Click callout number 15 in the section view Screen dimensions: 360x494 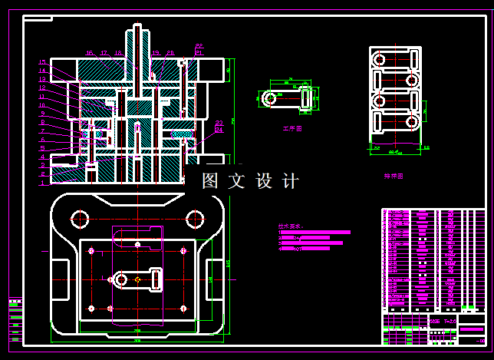pos(43,62)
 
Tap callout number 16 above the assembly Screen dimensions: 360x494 pos(89,53)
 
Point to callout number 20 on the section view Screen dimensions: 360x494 pos(170,53)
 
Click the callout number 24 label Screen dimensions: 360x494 pos(219,130)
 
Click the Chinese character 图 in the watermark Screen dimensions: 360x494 pos(211,181)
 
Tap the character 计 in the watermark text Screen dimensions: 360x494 pos(291,181)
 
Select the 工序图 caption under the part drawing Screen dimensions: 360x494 pos(292,129)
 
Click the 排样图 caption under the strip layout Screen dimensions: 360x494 pos(394,176)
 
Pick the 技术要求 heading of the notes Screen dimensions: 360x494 pos(291,226)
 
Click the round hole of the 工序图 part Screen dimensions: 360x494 pos(268,98)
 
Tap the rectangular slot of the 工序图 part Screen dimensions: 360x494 pos(306,97)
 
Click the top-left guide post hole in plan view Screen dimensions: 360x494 pos(81,220)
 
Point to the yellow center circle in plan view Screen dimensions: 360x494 pos(137,279)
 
